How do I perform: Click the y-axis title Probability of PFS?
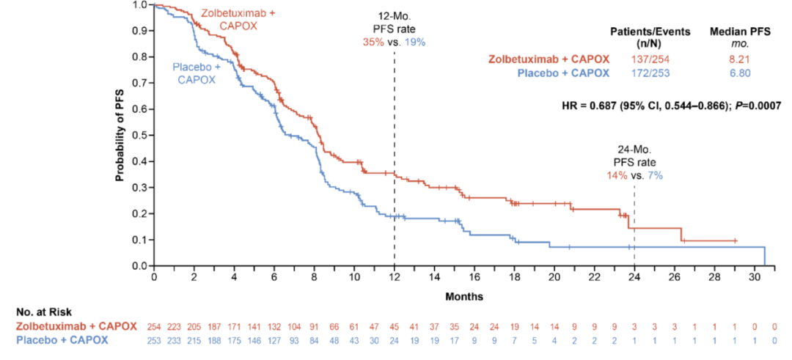[x=119, y=136]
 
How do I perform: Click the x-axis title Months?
[x=463, y=296]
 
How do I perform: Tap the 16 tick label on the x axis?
[x=474, y=279]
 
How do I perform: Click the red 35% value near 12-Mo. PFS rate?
[x=373, y=42]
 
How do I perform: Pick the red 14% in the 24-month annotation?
[x=616, y=175]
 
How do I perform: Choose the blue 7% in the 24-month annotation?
[x=652, y=175]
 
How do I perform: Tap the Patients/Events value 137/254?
[x=647, y=59]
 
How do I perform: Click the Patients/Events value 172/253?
[x=647, y=73]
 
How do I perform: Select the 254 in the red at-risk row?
[x=154, y=326]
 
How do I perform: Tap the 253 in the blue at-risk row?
[x=154, y=339]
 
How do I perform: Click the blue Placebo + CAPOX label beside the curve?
[x=194, y=74]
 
